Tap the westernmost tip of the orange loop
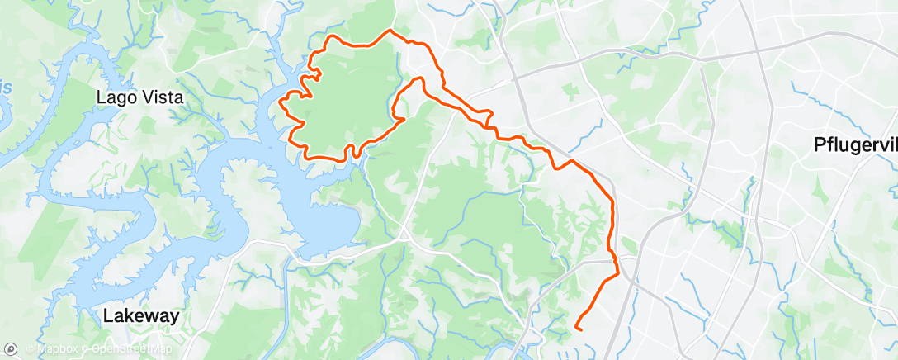(x=282, y=104)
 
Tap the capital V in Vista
(x=145, y=97)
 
